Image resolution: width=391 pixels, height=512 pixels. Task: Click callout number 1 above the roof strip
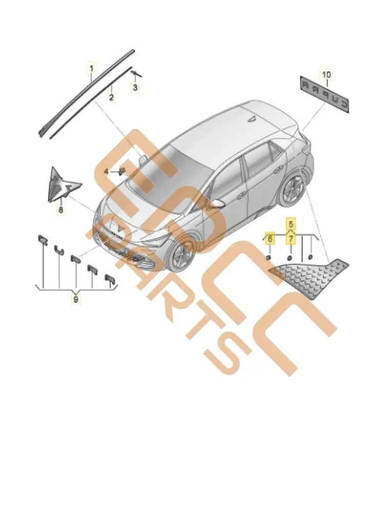click(92, 68)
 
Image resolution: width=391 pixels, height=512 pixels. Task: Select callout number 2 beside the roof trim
click(111, 97)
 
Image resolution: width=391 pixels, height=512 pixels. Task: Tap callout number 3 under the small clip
click(135, 88)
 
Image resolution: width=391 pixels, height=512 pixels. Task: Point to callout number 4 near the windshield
click(106, 172)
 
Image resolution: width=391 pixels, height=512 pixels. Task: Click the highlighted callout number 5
click(290, 224)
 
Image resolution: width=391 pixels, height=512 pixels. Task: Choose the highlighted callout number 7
click(290, 239)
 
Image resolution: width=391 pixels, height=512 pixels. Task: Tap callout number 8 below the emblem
click(60, 209)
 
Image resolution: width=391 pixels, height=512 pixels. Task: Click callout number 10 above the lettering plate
click(327, 75)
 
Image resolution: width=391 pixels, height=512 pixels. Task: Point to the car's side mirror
click(219, 203)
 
